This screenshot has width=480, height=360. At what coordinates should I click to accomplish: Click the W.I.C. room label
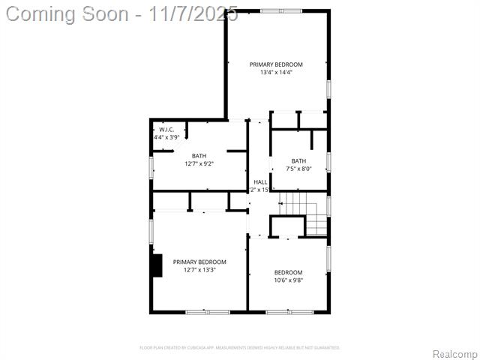(x=166, y=130)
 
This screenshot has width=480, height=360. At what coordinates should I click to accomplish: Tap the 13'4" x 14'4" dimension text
(x=276, y=73)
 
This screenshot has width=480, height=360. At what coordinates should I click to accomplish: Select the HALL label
(x=260, y=182)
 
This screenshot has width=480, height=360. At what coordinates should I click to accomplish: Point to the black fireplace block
(x=157, y=265)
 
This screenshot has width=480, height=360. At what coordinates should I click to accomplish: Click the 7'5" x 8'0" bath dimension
(x=298, y=169)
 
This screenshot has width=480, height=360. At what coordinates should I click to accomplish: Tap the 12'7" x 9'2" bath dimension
(x=199, y=163)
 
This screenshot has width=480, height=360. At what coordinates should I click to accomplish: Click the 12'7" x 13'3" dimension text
(x=199, y=270)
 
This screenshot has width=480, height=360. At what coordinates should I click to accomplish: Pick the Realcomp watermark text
(x=454, y=354)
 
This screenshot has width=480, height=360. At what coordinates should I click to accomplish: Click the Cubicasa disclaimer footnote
(x=240, y=347)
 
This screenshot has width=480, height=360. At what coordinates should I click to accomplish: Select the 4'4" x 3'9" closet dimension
(x=166, y=137)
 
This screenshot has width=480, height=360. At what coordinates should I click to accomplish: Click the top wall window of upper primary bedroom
(x=281, y=10)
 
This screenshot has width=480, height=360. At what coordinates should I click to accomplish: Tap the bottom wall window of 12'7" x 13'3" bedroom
(x=208, y=311)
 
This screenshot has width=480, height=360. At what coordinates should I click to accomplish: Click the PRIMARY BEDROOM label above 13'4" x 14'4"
(x=276, y=64)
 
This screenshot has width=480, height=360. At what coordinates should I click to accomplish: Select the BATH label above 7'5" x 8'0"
(x=298, y=160)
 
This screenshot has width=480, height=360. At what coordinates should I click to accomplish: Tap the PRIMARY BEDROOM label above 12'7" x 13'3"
(x=199, y=262)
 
